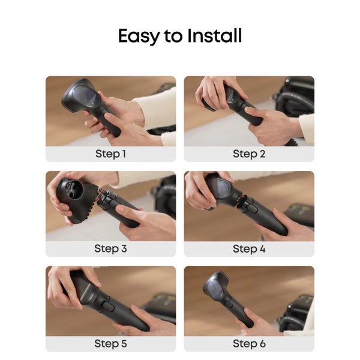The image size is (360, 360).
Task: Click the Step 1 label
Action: (x=110, y=154)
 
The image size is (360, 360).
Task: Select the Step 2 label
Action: (x=248, y=154)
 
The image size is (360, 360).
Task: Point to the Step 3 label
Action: (x=110, y=248)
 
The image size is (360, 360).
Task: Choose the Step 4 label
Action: (x=248, y=248)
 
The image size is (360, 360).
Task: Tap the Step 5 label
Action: (x=110, y=344)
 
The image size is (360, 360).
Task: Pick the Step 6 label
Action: (x=248, y=344)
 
